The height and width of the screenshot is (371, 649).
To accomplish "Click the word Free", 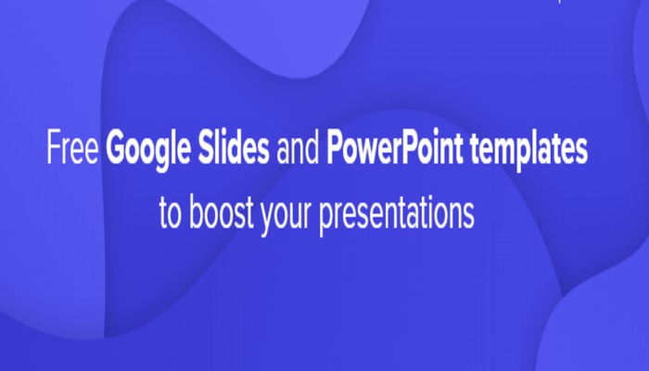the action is pos(73,147).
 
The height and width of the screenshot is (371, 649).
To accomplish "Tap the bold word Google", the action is pos(148,150).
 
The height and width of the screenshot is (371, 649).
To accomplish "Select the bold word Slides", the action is pos(234,147).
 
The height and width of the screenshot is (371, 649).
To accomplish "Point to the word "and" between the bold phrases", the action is pos(298,147).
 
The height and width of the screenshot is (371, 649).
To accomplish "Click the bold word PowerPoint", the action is pos(394,147).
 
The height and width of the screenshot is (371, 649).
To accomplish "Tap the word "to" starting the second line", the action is pos(170,212).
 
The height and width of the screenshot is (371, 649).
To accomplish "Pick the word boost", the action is pos(222,211).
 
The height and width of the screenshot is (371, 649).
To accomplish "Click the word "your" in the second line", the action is pos(286,215).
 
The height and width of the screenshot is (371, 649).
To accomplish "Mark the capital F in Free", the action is pos(54,147).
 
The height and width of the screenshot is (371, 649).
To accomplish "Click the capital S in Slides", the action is pos(206,147).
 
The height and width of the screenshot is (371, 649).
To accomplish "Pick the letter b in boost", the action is pos(196,211).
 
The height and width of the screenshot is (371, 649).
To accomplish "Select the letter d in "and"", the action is pos(312,147).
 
